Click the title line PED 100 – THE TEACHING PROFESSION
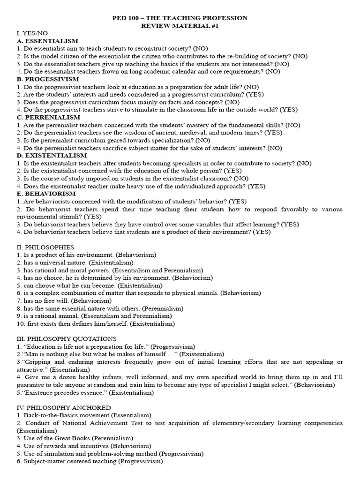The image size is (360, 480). (x=180, y=18)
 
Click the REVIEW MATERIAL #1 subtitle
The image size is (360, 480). (x=180, y=26)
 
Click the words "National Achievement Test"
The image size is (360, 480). (x=102, y=423)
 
